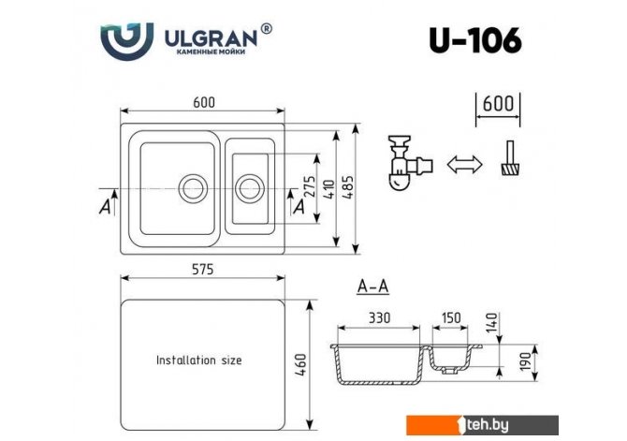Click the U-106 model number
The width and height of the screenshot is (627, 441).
pyautogui.click(x=474, y=41)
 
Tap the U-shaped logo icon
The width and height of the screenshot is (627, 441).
pyautogui.click(x=127, y=42)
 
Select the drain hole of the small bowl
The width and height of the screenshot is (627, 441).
pyautogui.click(x=250, y=187)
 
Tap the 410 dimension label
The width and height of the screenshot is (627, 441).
pyautogui.click(x=328, y=188)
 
